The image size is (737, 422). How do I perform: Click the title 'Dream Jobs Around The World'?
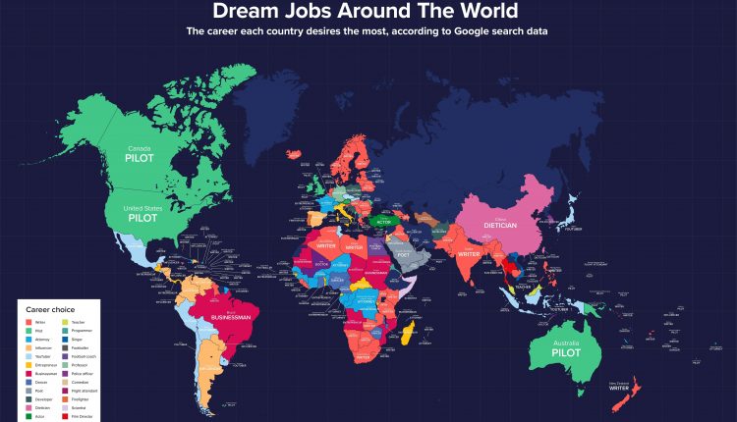pos(368,13)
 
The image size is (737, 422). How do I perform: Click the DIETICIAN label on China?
pos(507,225)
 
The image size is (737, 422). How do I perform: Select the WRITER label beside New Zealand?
pos(618,387)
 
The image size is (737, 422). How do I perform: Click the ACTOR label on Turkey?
pos(383,222)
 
